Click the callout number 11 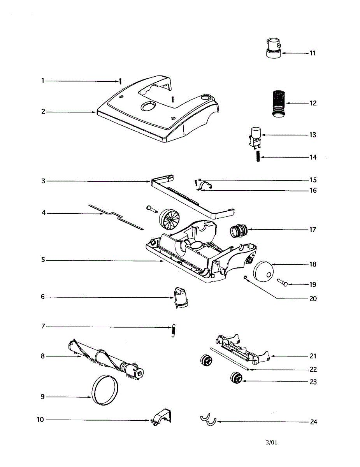pos(312,53)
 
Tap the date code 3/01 pos(272,442)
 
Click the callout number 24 pos(313,422)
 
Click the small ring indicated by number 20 pos(244,277)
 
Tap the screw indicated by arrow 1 pos(121,81)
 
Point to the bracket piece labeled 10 pos(161,417)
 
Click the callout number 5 pos(44,260)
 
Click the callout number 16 pos(313,191)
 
